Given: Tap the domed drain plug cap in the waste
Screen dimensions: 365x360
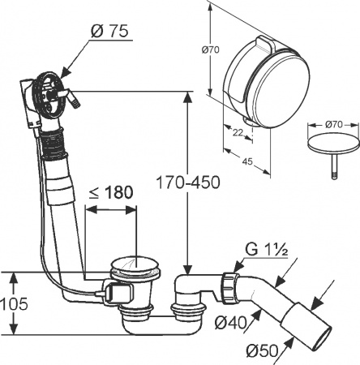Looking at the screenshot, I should click(x=126, y=263).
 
